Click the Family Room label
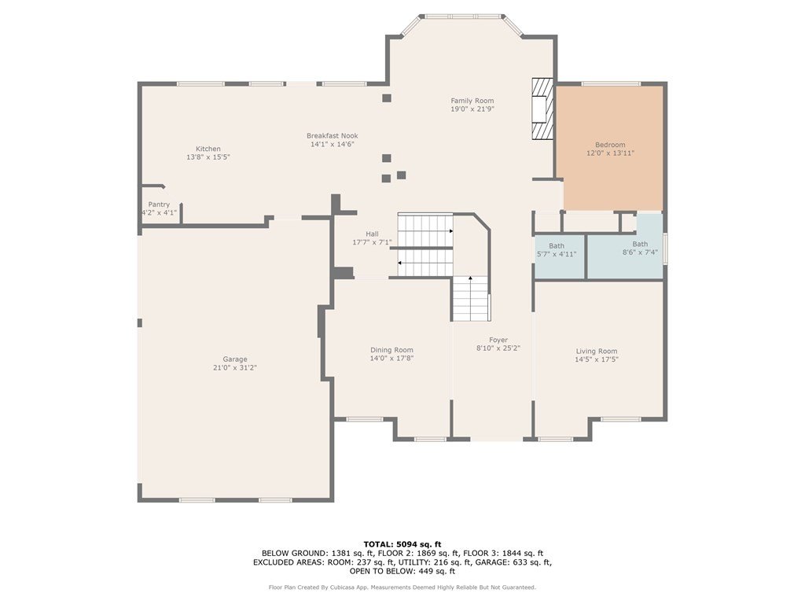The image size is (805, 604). click(472, 101)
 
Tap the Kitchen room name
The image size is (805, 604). click(208, 149)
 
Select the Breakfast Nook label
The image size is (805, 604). click(333, 136)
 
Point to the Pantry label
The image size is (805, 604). click(159, 204)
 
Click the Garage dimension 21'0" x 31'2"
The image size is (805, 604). click(234, 368)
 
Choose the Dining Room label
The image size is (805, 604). click(391, 350)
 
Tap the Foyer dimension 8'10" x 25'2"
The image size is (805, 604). click(498, 348)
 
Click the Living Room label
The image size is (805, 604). click(597, 352)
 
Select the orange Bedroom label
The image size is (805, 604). click(610, 145)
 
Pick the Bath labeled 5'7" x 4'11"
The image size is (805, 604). click(557, 250)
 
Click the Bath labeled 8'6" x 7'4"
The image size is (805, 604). click(640, 248)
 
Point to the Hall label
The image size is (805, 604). click(372, 234)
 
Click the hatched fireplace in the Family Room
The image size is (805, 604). click(542, 109)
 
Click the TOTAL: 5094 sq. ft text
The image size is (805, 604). click(402, 544)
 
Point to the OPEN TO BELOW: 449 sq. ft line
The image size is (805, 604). click(402, 571)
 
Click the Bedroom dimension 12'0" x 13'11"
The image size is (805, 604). click(610, 153)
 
